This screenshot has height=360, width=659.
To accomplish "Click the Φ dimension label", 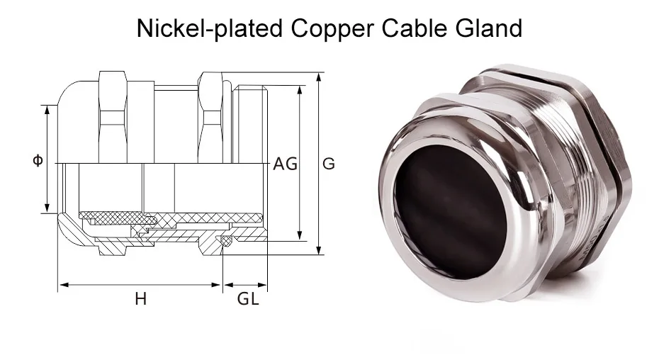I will tap(38, 161).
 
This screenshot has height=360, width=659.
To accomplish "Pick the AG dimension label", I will tap(286, 164).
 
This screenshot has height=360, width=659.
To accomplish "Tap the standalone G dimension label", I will tap(329, 164).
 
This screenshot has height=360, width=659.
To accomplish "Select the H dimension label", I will tap(140, 299).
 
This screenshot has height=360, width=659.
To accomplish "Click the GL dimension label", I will tap(247, 299).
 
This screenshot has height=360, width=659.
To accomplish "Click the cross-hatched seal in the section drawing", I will tap(170, 215).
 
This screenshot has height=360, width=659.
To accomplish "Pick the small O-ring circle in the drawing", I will tap(225, 243).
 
